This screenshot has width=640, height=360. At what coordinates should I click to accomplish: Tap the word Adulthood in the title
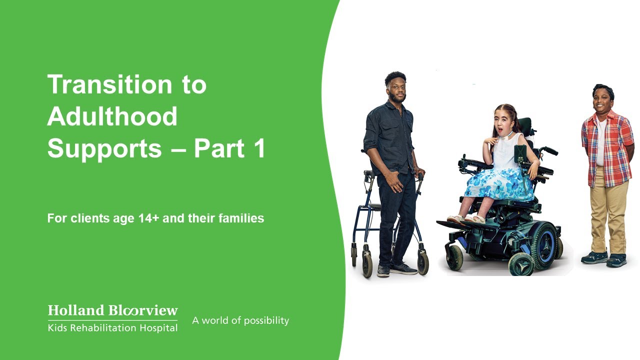[112, 116]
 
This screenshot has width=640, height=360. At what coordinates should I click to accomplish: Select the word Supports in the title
[104, 148]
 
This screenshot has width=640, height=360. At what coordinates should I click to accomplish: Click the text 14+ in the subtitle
[148, 218]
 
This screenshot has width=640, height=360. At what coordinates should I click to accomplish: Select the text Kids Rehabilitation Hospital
[112, 328]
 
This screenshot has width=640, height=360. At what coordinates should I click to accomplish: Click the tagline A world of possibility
[240, 320]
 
